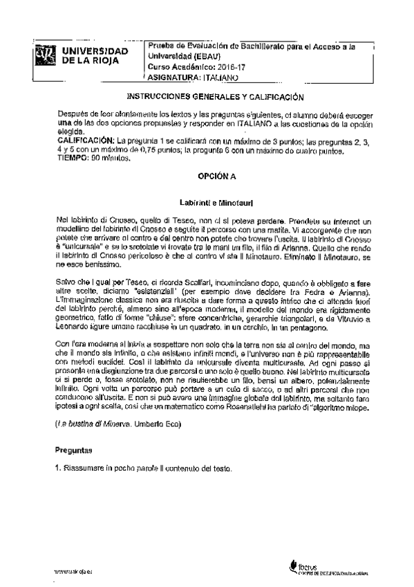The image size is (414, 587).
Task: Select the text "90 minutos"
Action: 111,158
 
